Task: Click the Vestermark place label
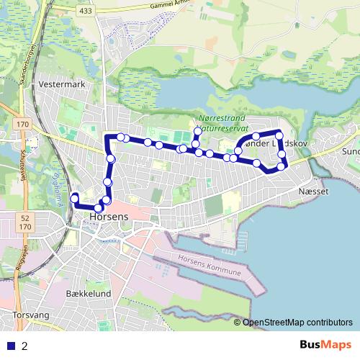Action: click(64, 84)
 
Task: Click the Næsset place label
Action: click(312, 192)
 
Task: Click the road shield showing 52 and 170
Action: click(27, 222)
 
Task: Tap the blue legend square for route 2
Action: click(10, 346)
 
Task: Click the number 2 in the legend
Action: click(25, 346)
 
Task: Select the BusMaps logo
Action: click(326, 345)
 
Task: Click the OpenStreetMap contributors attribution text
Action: click(297, 323)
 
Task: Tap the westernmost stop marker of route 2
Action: click(73, 196)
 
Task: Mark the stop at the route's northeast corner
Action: click(279, 134)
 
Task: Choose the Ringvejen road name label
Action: click(9, 249)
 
